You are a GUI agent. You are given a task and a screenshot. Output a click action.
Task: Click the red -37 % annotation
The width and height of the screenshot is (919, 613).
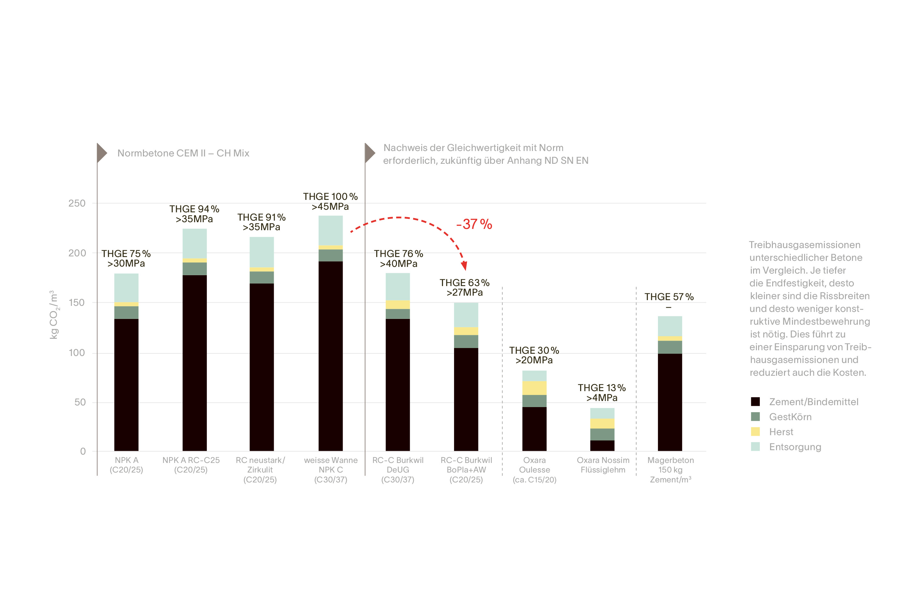[474, 224]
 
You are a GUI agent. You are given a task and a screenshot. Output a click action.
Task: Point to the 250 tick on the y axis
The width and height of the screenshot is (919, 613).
[77, 203]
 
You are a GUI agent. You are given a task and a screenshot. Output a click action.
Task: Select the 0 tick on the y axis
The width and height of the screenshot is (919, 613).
[83, 451]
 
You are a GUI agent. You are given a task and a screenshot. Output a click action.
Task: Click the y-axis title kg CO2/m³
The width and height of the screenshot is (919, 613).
[54, 315]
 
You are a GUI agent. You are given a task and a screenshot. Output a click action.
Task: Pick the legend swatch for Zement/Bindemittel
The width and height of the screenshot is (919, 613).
[755, 402]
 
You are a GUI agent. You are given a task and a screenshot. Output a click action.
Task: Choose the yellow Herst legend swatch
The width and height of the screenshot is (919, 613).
[755, 432]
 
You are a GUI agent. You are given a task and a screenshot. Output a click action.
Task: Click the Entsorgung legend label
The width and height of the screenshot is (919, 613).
[795, 447]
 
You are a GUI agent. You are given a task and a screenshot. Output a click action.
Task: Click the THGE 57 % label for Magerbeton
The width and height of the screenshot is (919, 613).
[669, 297]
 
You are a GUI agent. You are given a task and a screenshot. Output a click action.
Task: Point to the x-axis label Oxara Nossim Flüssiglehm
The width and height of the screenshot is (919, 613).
[603, 465]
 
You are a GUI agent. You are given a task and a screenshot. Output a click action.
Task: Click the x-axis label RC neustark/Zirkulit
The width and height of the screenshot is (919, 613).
[260, 470]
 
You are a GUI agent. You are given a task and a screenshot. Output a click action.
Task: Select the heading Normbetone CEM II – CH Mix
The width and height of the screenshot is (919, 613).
[183, 153]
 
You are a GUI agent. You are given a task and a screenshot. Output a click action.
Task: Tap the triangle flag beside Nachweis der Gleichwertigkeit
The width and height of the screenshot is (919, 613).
[370, 153]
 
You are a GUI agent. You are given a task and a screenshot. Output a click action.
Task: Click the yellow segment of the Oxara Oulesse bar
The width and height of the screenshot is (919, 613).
[534, 388]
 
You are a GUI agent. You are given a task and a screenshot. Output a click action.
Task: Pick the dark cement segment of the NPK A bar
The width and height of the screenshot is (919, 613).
[126, 385]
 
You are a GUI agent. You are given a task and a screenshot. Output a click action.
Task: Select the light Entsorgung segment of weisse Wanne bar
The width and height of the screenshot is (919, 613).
[331, 230]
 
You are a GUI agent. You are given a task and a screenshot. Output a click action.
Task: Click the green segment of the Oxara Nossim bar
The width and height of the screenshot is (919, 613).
[602, 434]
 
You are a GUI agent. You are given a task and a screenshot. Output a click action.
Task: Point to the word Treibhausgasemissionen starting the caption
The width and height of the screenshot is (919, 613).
[804, 245]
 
